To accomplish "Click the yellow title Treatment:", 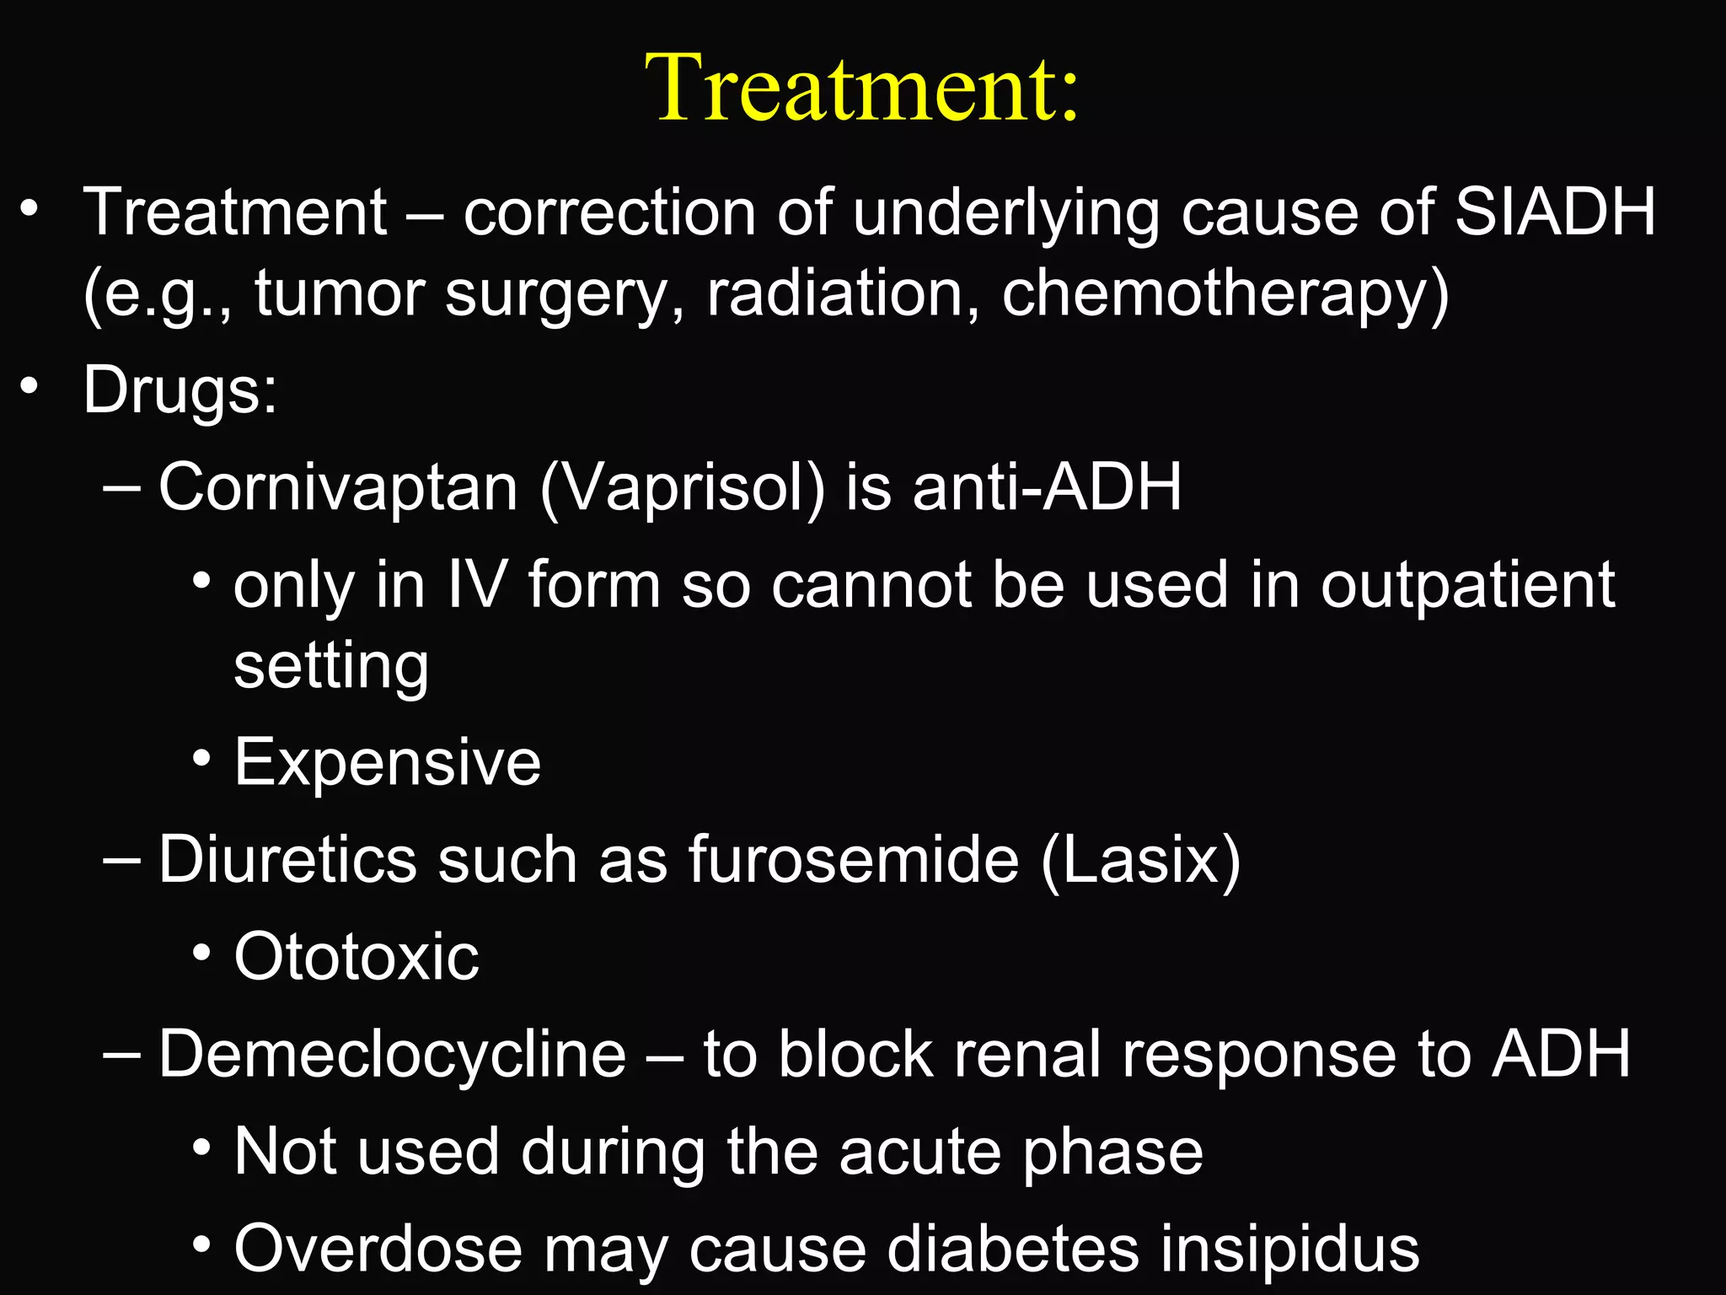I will point(861,89).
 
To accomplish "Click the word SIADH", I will point(1555,212).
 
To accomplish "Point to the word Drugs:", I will point(180,391).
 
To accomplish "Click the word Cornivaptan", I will point(337,488).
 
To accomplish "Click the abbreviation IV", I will point(477,585).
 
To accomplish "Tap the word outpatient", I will point(1467,585).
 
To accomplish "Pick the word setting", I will point(331,666).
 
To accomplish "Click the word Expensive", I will point(387,763).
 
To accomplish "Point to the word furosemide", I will point(854,860).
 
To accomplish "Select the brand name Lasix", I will point(1140,860).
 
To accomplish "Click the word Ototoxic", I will point(356,957).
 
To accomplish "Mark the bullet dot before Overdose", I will point(201,1244).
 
